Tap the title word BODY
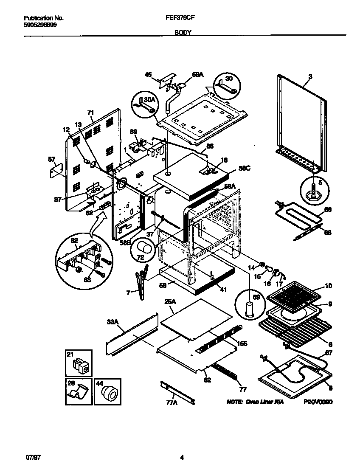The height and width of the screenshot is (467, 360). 183,32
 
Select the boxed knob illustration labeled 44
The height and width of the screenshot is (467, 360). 108,392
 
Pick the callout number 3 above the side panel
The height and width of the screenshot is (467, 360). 310,77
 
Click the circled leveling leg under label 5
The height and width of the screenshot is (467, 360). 315,191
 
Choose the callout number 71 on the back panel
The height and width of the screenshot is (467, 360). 90,113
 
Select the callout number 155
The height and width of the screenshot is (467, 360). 242,343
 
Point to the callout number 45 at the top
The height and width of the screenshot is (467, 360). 148,75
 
